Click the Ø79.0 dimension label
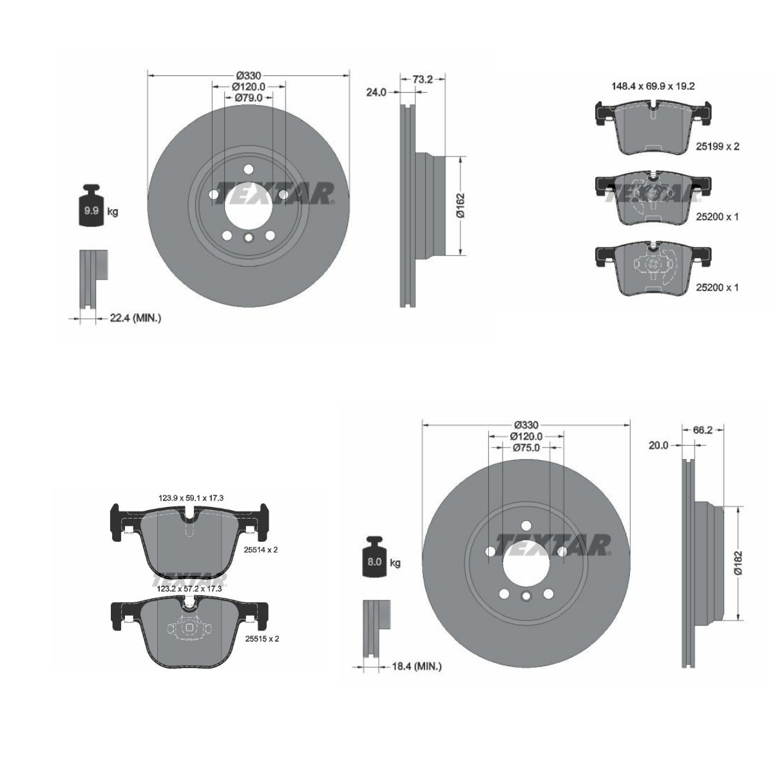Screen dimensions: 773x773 [x=248, y=97]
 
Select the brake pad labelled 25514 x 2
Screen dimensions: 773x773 [x=189, y=537]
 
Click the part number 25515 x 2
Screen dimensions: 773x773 [x=262, y=638]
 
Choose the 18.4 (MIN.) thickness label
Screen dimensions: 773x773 [x=412, y=667]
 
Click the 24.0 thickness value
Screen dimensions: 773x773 [x=376, y=92]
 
